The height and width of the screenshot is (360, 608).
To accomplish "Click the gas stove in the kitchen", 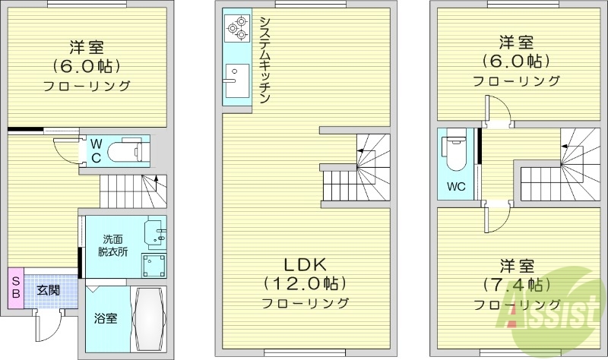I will pos(236,27).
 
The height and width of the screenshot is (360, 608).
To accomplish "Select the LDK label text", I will pos(304,264).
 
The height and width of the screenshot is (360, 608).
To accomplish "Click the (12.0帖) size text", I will pos(304,283).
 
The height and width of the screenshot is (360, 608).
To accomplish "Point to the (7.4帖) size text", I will pos(516,286).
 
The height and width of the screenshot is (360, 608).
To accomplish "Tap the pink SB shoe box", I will pos(14,288).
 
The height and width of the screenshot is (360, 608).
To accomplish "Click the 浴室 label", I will pos(105,319).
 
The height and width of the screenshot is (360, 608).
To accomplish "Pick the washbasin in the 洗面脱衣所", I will pos(157,235).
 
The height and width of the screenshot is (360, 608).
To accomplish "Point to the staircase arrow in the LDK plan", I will pos(360,153).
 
